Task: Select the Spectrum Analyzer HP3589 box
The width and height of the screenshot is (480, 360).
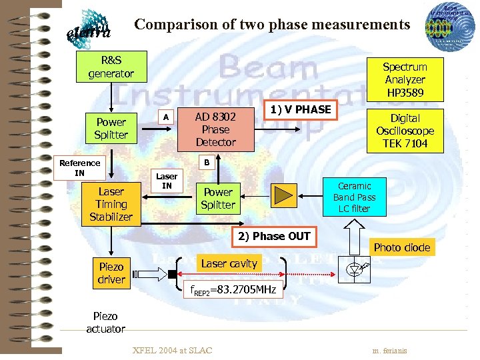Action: click(405, 79)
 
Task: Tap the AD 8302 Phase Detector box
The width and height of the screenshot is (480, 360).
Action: click(215, 129)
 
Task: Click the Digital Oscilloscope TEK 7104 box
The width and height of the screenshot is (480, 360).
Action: click(405, 131)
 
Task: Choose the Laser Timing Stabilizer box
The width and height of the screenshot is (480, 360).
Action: click(111, 205)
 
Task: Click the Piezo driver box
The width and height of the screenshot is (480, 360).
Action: click(111, 273)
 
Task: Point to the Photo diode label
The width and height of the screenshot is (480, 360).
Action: click(401, 247)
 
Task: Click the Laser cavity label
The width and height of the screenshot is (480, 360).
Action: click(229, 264)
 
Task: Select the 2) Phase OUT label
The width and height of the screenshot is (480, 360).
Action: click(271, 236)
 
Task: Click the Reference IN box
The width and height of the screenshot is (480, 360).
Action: click(79, 168)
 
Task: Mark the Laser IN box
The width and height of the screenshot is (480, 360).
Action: click(167, 181)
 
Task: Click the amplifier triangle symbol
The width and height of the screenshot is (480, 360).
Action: click(284, 194)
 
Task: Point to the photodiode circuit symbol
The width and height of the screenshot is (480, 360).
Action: click(354, 269)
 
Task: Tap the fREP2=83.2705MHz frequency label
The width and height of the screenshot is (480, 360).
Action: click(233, 291)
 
